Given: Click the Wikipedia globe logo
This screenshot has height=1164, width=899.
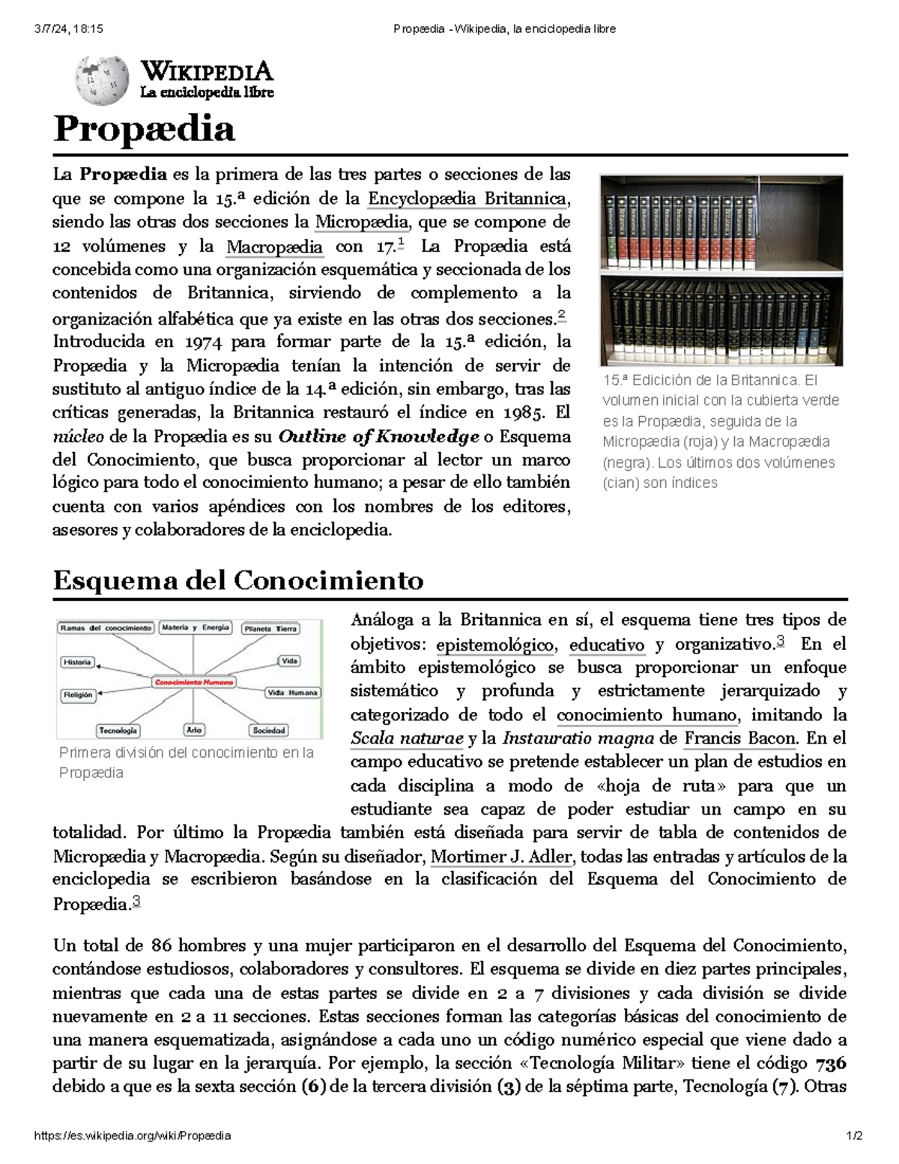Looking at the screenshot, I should coord(97,80).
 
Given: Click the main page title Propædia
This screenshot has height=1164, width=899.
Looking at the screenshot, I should coord(144,129).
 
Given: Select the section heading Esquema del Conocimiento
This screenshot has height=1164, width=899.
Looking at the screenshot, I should coord(238,580).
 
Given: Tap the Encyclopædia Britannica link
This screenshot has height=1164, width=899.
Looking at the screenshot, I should coord(467,199).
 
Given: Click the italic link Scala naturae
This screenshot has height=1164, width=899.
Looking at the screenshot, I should coord(407,738).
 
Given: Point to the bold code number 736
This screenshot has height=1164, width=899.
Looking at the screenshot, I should coord(830,1064).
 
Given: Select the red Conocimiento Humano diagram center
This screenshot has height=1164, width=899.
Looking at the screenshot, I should coord(194,682).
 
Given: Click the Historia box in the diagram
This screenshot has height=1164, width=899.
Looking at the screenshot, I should coord(77,662).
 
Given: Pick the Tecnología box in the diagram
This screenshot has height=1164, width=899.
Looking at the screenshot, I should coord(118,729).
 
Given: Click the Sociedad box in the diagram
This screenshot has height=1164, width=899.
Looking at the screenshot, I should coord(269,729).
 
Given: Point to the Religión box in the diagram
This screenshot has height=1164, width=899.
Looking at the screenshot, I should coord(78,695).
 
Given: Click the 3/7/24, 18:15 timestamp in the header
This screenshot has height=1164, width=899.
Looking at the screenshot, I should coord(68,28).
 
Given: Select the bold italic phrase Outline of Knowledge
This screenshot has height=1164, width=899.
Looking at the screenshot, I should coord(378,437).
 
